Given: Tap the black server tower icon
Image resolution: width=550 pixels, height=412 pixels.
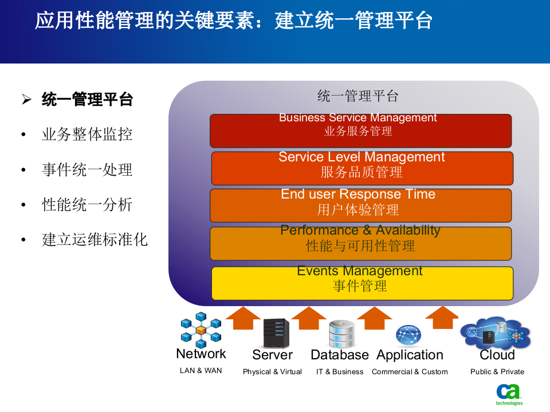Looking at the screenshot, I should pyautogui.click(x=276, y=333).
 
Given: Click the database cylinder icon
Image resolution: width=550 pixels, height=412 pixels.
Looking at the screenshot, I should pyautogui.click(x=341, y=334).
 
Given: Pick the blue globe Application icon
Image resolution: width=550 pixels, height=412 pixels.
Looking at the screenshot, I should pyautogui.click(x=408, y=335).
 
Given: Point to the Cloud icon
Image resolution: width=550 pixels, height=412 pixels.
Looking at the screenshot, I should pyautogui.click(x=496, y=332).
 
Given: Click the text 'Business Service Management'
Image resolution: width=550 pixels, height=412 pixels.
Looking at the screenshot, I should pyautogui.click(x=357, y=118).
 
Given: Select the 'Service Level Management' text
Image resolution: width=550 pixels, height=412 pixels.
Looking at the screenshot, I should pyautogui.click(x=362, y=157).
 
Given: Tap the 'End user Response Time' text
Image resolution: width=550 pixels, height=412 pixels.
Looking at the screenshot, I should pyautogui.click(x=358, y=195).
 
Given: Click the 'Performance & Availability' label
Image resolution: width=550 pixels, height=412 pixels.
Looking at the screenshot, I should pyautogui.click(x=360, y=231).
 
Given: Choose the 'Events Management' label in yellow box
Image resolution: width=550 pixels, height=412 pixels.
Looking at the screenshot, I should pyautogui.click(x=360, y=271).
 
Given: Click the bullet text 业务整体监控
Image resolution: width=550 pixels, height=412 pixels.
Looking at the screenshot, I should pyautogui.click(x=87, y=134).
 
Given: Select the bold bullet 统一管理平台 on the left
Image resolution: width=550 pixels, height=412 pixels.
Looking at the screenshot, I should pyautogui.click(x=87, y=100).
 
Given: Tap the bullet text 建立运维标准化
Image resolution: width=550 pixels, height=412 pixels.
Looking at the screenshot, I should pyautogui.click(x=95, y=239).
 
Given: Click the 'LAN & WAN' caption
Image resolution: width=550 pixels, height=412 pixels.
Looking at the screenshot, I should pyautogui.click(x=201, y=370).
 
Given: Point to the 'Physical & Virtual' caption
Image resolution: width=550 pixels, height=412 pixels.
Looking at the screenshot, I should pyautogui.click(x=272, y=371).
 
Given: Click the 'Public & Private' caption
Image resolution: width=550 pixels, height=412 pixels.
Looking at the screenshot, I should pyautogui.click(x=497, y=371).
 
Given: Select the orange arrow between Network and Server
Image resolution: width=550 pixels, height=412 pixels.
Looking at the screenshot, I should pyautogui.click(x=243, y=318).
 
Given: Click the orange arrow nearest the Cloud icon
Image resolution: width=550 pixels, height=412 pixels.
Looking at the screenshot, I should pyautogui.click(x=442, y=318).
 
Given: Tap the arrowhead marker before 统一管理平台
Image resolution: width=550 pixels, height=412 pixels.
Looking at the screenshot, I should pyautogui.click(x=26, y=100).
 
